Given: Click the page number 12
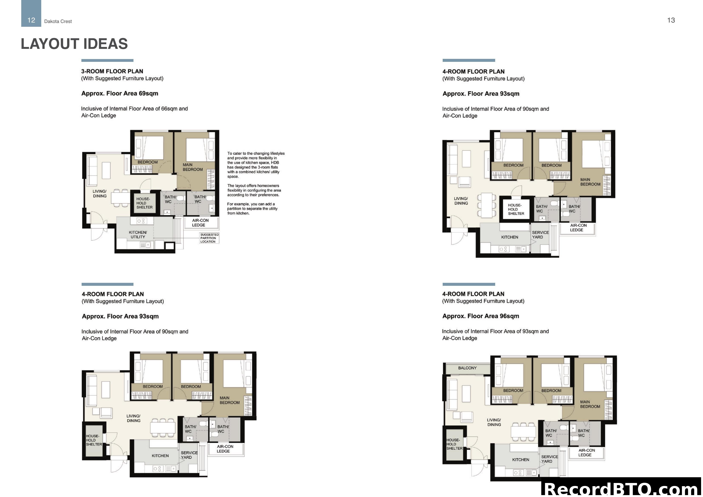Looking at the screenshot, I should pyautogui.click(x=31, y=20).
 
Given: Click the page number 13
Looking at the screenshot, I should pyautogui.click(x=671, y=20).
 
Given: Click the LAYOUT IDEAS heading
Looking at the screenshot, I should pyautogui.click(x=74, y=44).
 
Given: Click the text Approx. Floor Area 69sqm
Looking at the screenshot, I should pyautogui.click(x=120, y=93).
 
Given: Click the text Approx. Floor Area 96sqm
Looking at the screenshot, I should pyautogui.click(x=480, y=316).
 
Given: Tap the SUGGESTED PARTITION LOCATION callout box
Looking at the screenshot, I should pyautogui.click(x=209, y=238).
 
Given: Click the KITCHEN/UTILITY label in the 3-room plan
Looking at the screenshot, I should pyautogui.click(x=138, y=235).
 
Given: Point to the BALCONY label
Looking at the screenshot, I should pyautogui.click(x=467, y=368).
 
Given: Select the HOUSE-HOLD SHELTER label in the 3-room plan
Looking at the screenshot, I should pyautogui.click(x=144, y=203).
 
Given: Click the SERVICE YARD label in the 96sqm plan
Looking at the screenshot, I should pyautogui.click(x=549, y=459).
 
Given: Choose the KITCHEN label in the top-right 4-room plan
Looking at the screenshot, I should pyautogui.click(x=509, y=237).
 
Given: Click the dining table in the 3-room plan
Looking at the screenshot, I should pyautogui.click(x=120, y=198).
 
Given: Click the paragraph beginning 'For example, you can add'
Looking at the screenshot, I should pyautogui.click(x=252, y=208).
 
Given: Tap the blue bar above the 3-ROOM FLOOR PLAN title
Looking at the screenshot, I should pyautogui.click(x=107, y=60).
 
